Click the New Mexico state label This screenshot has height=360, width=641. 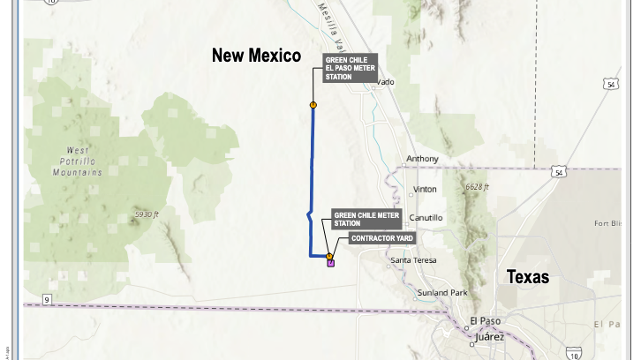pyautogui.click(x=256, y=56)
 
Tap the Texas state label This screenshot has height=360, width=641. pyautogui.click(x=528, y=277)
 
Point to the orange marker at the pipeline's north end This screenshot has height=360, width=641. pyautogui.click(x=313, y=105)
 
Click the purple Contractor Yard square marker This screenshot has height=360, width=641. pyautogui.click(x=330, y=262)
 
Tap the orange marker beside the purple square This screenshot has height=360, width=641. pyautogui.click(x=328, y=256)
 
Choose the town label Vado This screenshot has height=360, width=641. pyautogui.click(x=386, y=82)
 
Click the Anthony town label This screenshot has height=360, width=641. pyautogui.click(x=422, y=159)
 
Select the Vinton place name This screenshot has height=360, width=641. pyautogui.click(x=425, y=190)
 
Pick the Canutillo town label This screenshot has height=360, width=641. pyautogui.click(x=426, y=218)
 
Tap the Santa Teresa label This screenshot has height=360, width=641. pyautogui.click(x=414, y=260)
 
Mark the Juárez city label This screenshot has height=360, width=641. pyautogui.click(x=489, y=336)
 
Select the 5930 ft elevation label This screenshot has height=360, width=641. pyautogui.click(x=147, y=214)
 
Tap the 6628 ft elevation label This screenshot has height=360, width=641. pyautogui.click(x=477, y=187)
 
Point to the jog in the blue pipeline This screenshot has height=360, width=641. pyautogui.click(x=307, y=214)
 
